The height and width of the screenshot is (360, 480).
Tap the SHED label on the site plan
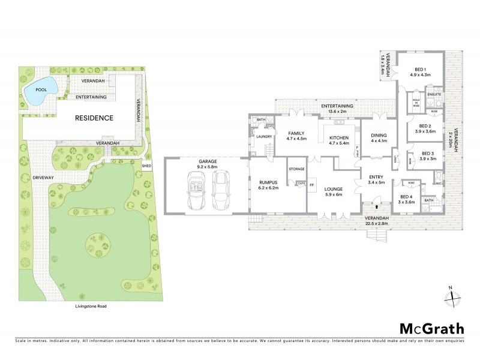[x=146, y=165]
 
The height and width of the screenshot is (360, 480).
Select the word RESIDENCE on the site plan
[x=94, y=118]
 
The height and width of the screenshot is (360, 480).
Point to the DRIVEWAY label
[x=43, y=178]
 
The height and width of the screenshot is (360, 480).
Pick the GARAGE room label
[x=207, y=163]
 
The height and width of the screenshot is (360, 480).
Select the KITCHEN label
[x=339, y=138]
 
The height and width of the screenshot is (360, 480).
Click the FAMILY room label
[x=296, y=133]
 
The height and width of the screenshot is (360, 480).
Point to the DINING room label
[x=379, y=136]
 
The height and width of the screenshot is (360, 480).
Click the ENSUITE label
[x=434, y=94]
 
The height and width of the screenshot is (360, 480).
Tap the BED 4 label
[x=407, y=197]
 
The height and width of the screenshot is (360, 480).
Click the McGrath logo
[x=432, y=328]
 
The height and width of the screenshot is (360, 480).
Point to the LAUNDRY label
[x=265, y=137]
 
